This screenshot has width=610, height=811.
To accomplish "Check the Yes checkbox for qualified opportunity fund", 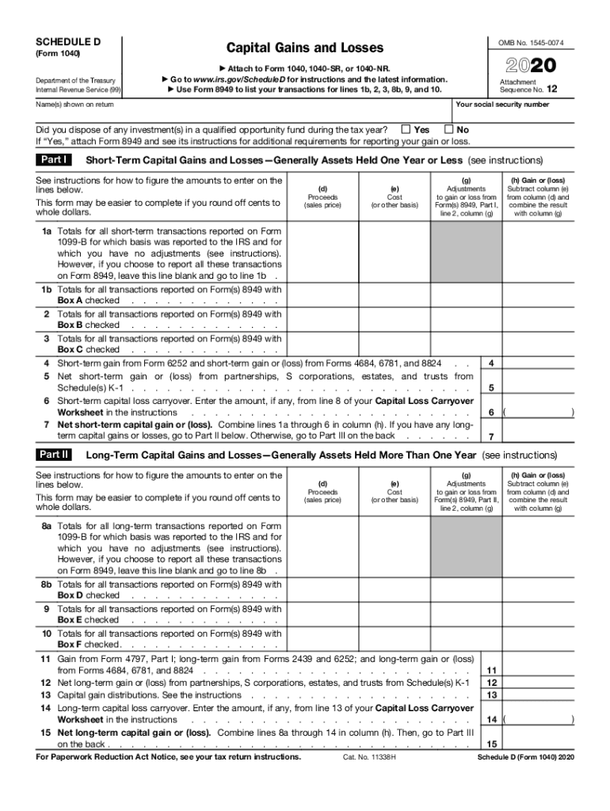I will [406, 129].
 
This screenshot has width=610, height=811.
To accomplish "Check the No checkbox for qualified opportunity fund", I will [449, 129].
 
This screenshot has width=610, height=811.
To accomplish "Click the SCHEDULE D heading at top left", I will [67, 40].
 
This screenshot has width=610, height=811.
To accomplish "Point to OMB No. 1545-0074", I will [536, 42].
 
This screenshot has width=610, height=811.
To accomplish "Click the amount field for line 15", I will [540, 744].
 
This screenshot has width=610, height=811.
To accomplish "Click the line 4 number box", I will [492, 363].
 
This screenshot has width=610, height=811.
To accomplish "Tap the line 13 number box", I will [492, 695].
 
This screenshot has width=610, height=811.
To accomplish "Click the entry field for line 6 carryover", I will [539, 413].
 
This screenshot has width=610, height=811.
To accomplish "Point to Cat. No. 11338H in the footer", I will [368, 757].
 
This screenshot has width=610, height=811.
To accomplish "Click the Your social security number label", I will [502, 105].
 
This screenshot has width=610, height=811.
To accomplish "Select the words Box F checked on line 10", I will [89, 645].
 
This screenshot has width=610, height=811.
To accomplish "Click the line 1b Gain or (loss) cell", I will [540, 295].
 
